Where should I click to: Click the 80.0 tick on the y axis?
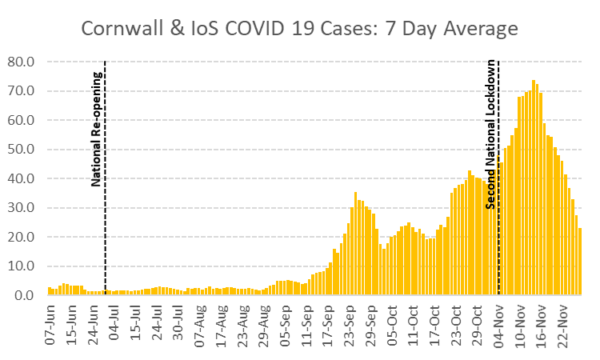(x=22, y=62)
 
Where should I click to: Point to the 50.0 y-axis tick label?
(x=22, y=150)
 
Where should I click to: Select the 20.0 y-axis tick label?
(x=22, y=237)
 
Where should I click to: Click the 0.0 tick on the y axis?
(x=25, y=295)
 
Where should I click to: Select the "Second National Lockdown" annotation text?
(x=490, y=133)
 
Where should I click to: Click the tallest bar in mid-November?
(x=534, y=188)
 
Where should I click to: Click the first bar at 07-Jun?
(x=49, y=291)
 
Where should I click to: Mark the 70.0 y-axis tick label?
(x=22, y=91)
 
